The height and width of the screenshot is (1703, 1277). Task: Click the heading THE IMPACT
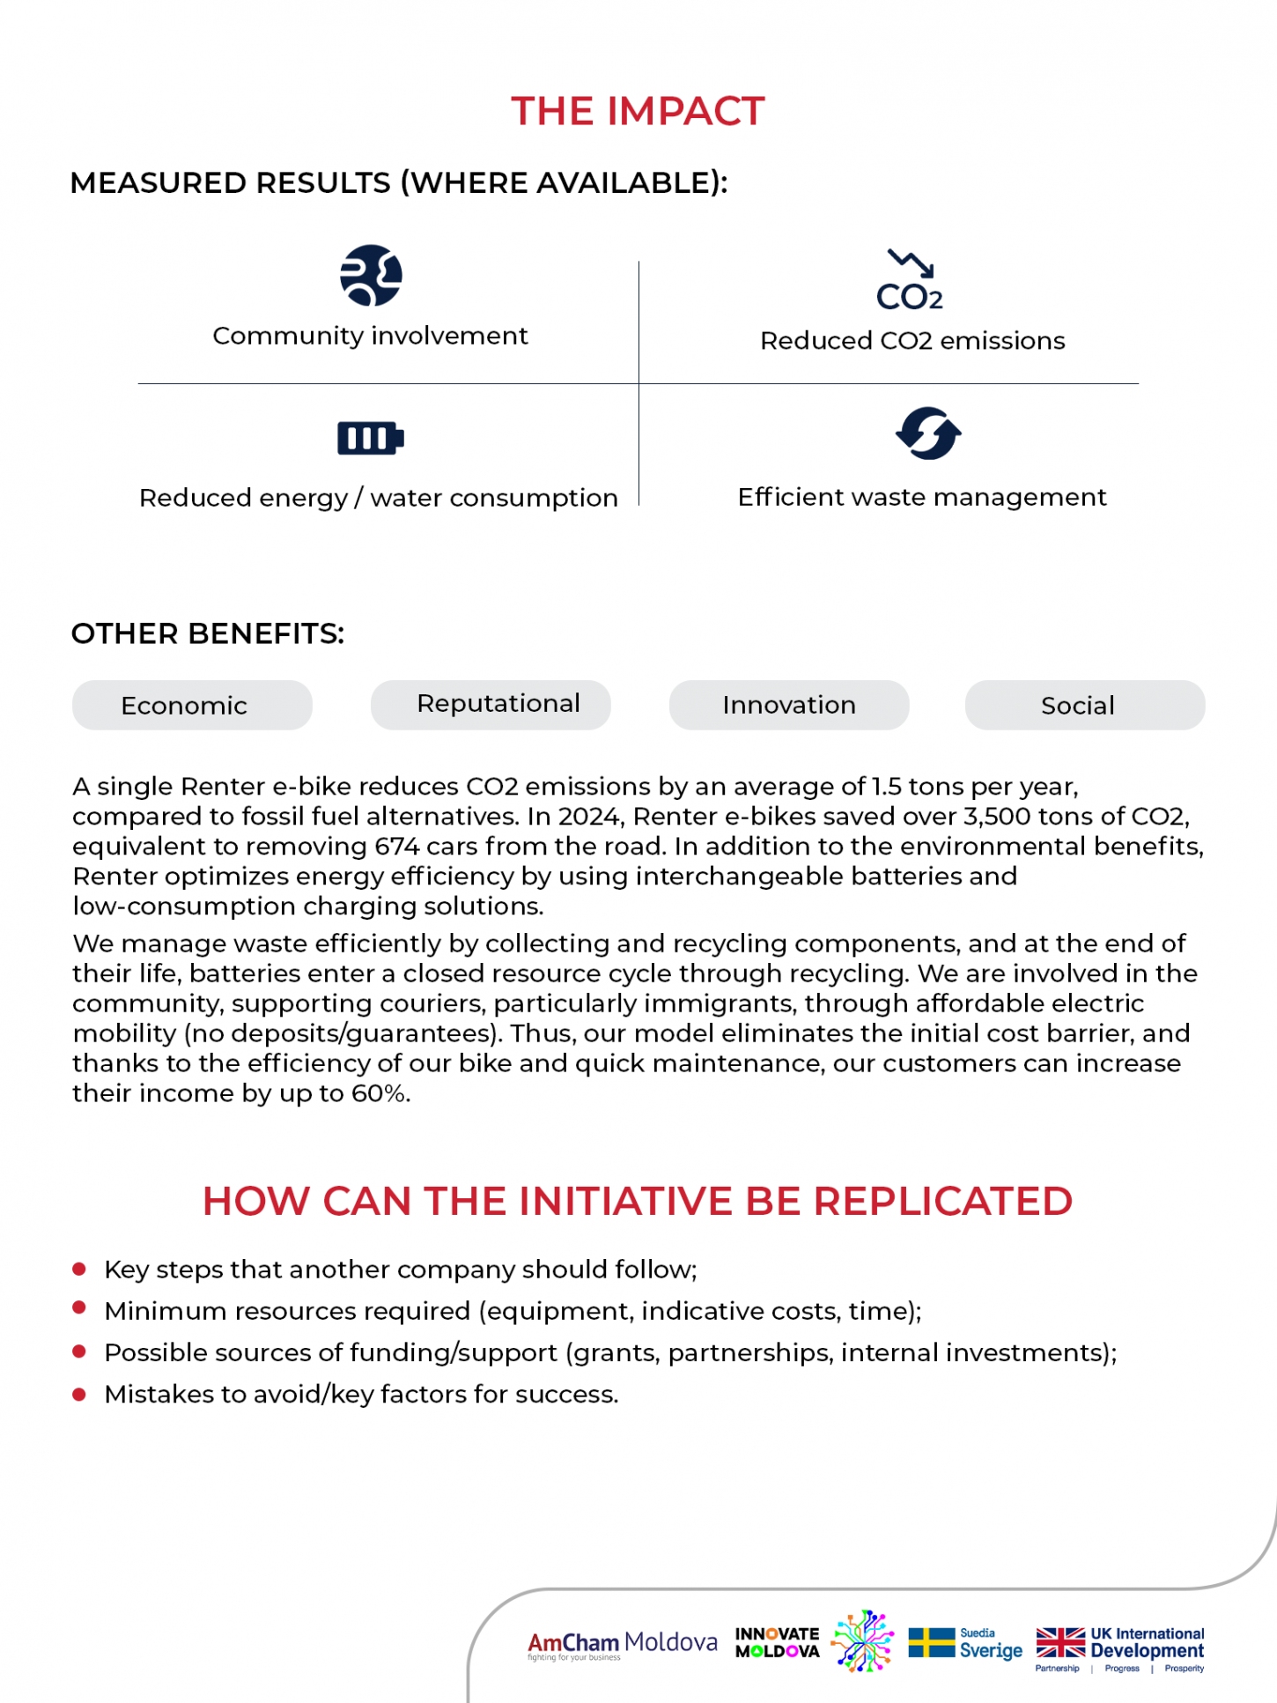coord(638,112)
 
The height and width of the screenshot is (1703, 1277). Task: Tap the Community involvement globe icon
coord(371,275)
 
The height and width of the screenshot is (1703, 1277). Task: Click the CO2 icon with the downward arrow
coord(910,281)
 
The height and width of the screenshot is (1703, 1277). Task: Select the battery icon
coord(371,438)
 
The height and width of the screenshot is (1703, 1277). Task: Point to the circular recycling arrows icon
coord(928,433)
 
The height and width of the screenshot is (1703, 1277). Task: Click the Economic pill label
coord(184,706)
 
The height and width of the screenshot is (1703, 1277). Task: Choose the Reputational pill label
coord(498,704)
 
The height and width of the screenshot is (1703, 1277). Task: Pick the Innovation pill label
coord(789,706)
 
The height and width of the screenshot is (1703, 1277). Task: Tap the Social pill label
coord(1078,706)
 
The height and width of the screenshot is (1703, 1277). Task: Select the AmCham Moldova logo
coord(622,1644)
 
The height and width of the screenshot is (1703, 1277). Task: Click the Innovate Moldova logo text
coord(778,1643)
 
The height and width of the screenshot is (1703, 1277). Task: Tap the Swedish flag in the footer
coord(931,1643)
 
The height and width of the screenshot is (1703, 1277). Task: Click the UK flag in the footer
coord(1060,1643)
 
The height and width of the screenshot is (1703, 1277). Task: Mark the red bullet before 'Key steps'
coord(79,1269)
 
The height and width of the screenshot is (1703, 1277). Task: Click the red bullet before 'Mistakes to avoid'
coord(79,1394)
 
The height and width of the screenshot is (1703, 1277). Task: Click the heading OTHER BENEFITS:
coord(208,634)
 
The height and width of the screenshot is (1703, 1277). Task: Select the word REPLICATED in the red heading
coord(942,1202)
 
